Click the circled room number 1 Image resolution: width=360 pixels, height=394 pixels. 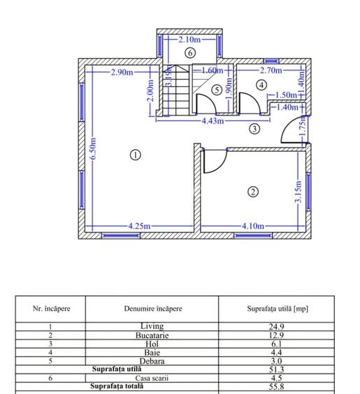point(136,155)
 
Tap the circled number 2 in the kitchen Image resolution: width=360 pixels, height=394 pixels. point(253,192)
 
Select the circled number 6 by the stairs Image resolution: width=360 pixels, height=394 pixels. point(190,53)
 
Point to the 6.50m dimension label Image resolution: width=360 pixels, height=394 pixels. point(93,148)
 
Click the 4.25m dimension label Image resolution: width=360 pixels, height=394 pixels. point(139,226)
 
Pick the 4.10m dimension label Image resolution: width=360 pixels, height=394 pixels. point(253,226)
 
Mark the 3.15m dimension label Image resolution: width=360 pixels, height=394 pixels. point(298,192)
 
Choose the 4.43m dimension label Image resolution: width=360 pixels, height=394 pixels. point(213,121)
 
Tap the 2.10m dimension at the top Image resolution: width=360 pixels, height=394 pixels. point(189,39)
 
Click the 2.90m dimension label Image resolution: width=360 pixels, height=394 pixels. point(122,72)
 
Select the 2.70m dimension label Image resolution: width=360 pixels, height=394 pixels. point(271,70)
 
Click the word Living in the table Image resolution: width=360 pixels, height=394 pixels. point(152,326)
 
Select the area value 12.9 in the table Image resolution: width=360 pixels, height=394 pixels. point(276,335)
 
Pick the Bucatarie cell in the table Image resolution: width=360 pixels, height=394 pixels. point(152,335)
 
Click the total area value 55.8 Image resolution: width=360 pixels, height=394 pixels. point(276,386)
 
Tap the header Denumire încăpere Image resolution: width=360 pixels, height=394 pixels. point(153,309)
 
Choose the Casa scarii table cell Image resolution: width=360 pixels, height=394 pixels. point(152,378)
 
